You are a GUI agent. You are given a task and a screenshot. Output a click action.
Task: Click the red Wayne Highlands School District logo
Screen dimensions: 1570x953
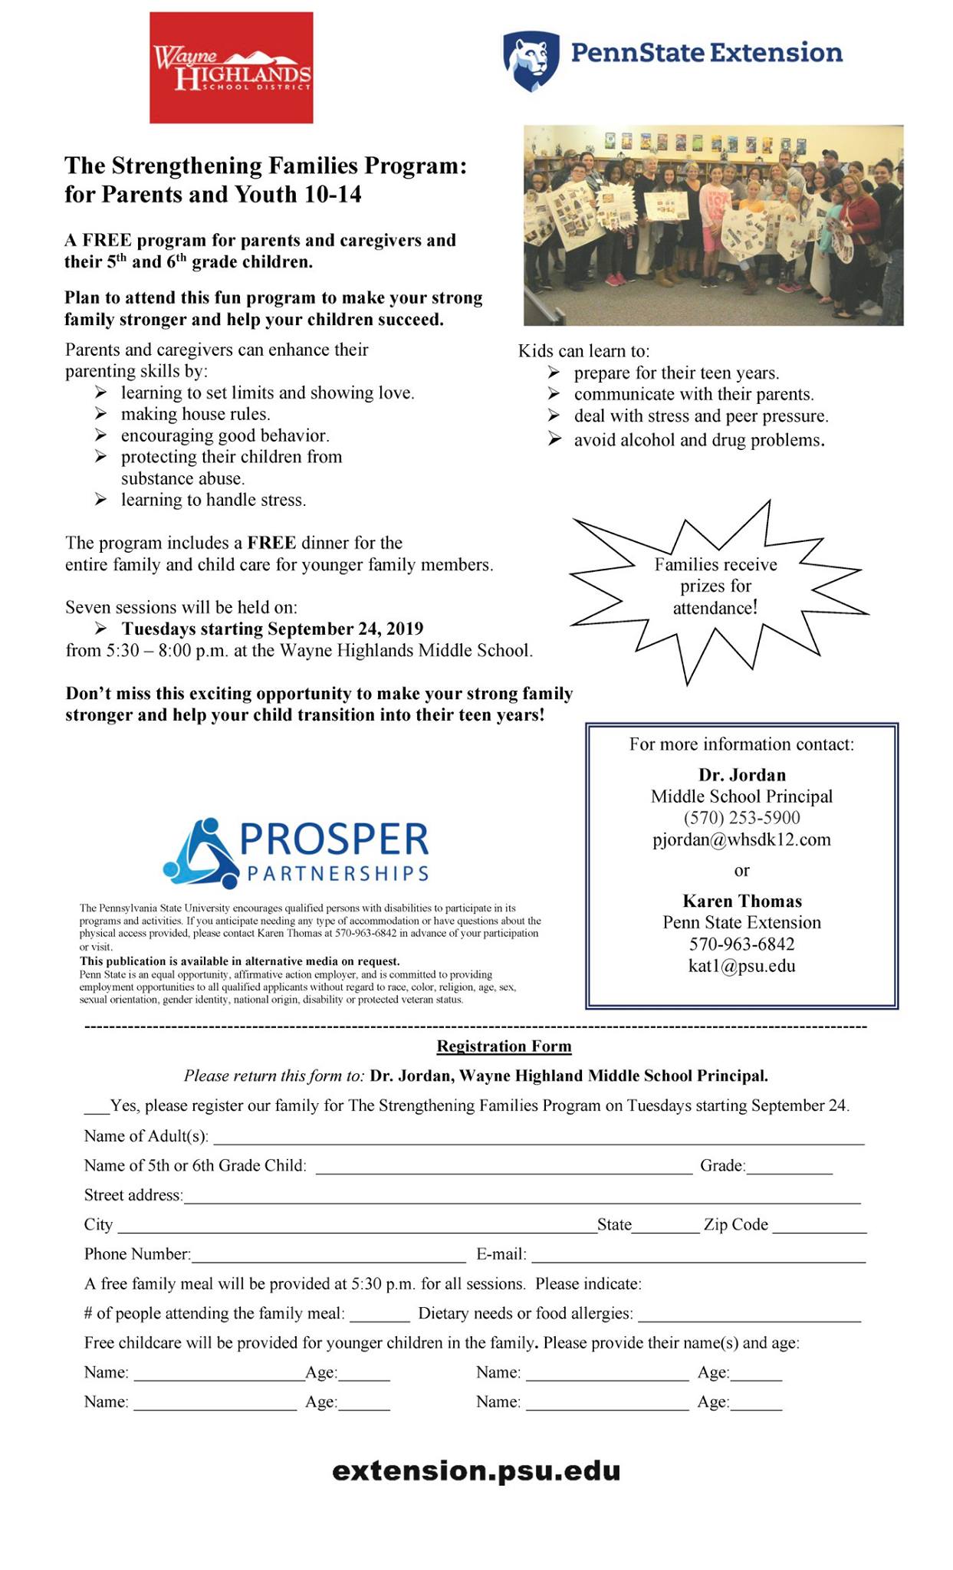231,67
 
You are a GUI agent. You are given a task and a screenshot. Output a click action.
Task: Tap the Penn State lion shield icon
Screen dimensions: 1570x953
528,61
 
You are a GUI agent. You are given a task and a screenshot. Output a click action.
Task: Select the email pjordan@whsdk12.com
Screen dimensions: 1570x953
741,839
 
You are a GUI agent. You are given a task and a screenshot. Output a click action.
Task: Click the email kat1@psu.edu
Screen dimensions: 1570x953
741,966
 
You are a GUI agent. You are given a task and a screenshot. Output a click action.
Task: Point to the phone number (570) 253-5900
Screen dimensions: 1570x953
741,818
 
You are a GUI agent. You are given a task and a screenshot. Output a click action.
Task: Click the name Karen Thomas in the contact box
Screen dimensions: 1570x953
741,901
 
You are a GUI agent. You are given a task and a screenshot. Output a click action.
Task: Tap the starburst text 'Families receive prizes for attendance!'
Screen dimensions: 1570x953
715,586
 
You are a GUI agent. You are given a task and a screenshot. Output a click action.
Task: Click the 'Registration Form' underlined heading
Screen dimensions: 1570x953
504,1046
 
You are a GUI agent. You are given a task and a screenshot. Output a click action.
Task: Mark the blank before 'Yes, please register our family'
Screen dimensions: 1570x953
97,1108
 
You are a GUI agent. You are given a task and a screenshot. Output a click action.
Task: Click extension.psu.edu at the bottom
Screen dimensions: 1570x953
476,1470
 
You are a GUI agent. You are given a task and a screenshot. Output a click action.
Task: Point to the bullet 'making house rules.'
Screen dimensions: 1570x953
196,414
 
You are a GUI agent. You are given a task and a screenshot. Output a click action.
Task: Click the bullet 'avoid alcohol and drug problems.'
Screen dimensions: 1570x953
698,440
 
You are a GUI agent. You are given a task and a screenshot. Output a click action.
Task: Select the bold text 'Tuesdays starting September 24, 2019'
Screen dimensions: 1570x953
272,629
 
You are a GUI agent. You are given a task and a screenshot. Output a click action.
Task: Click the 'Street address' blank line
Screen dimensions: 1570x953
521,1197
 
